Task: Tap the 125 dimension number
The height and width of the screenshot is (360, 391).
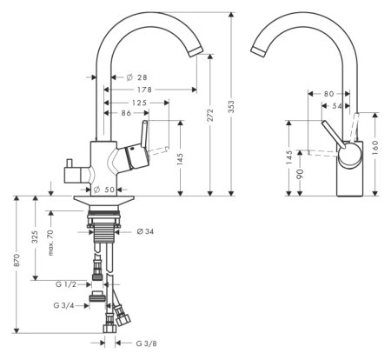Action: [132, 103]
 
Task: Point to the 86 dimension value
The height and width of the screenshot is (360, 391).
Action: [126, 114]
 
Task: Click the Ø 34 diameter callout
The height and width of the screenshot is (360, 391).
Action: [145, 231]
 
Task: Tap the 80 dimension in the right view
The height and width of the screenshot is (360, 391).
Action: [329, 93]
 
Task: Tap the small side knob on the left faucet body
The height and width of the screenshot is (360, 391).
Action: [69, 166]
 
